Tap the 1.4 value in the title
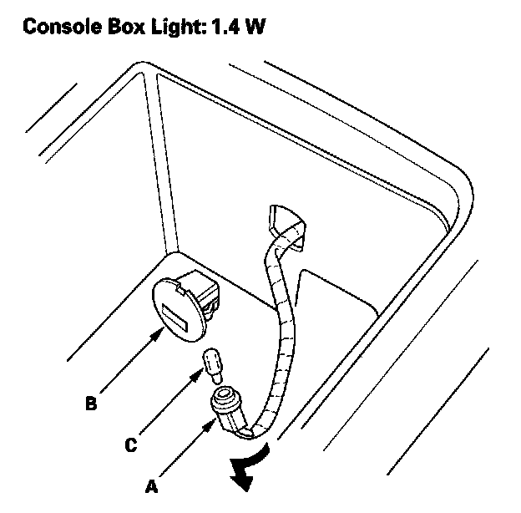point(226,27)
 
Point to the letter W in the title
point(255,27)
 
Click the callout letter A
point(150,484)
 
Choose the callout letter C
point(131,445)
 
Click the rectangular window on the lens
point(177,318)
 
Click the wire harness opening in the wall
point(284,222)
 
